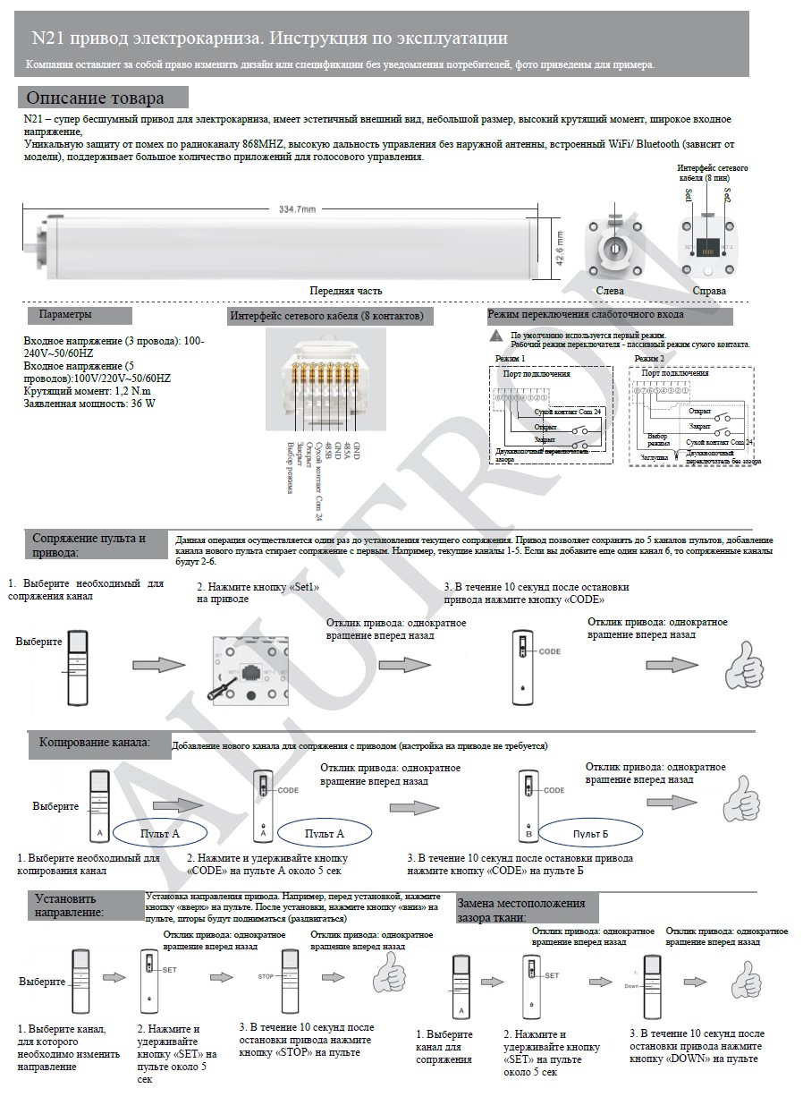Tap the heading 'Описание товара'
96,98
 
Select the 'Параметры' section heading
65,315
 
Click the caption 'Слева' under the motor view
610,291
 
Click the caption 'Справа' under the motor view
709,291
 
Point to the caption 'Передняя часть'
346,291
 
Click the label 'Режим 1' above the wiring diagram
510,358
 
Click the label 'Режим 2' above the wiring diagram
649,358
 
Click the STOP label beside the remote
266,976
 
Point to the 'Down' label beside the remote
632,985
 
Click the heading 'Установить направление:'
70,905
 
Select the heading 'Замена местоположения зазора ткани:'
522,909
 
